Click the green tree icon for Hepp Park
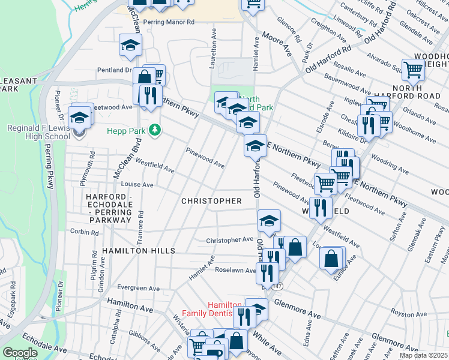tap(155, 130)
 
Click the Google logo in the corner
tap(19, 353)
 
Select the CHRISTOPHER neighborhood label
tap(211, 201)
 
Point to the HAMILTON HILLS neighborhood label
tap(138, 250)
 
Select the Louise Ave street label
tap(137, 185)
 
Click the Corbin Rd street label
tap(83, 231)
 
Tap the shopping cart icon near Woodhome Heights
tap(413, 70)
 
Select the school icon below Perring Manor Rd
tap(130, 45)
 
